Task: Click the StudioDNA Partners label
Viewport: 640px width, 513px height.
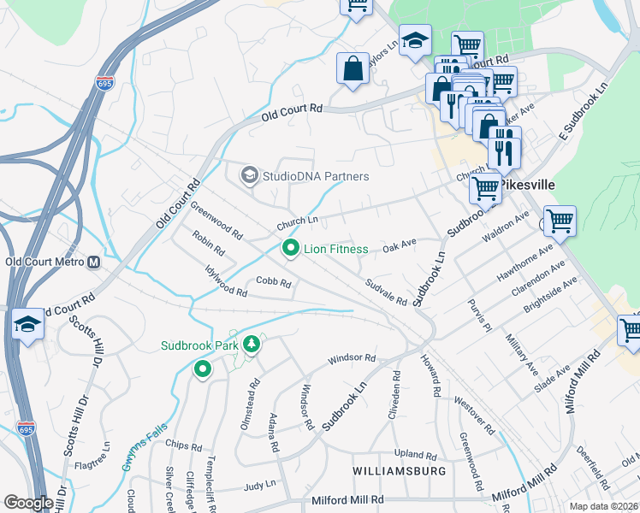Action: tap(316, 176)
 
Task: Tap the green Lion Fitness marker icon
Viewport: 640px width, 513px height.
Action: tap(291, 249)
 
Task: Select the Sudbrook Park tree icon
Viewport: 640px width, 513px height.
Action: tap(252, 345)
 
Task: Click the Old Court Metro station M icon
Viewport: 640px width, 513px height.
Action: tap(94, 262)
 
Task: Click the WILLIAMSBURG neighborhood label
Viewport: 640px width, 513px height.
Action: tap(400, 471)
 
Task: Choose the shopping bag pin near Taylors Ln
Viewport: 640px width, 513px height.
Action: tap(353, 68)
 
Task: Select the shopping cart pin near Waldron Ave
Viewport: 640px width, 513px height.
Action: tap(560, 221)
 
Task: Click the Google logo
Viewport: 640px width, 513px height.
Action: tap(28, 503)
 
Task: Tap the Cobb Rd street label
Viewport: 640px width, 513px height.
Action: tap(275, 281)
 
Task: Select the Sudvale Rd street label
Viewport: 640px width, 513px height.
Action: tap(386, 292)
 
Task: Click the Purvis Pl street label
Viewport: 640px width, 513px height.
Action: tap(480, 315)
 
